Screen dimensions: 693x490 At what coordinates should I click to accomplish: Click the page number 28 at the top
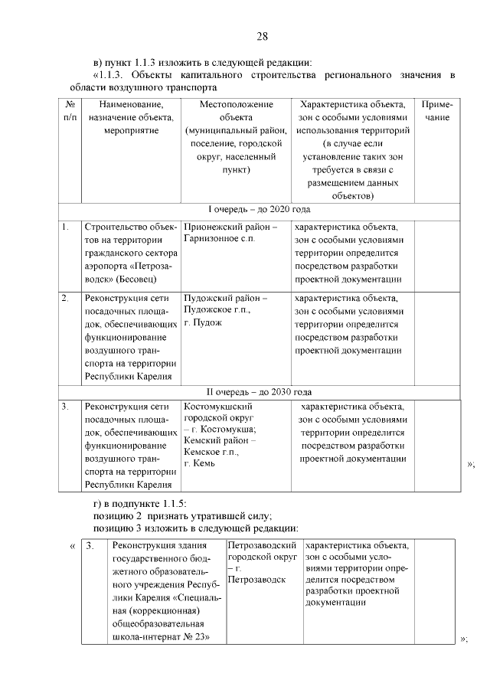pos(262,37)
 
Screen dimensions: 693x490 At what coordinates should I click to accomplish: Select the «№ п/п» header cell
pos(70,111)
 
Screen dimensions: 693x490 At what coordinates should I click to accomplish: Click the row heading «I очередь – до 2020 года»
pos(260,209)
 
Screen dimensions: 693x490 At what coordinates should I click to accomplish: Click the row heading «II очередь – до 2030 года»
pos(260,392)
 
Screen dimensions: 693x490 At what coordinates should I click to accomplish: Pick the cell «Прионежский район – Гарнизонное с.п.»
pos(230,234)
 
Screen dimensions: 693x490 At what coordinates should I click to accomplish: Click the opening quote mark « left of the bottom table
pos(72,546)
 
